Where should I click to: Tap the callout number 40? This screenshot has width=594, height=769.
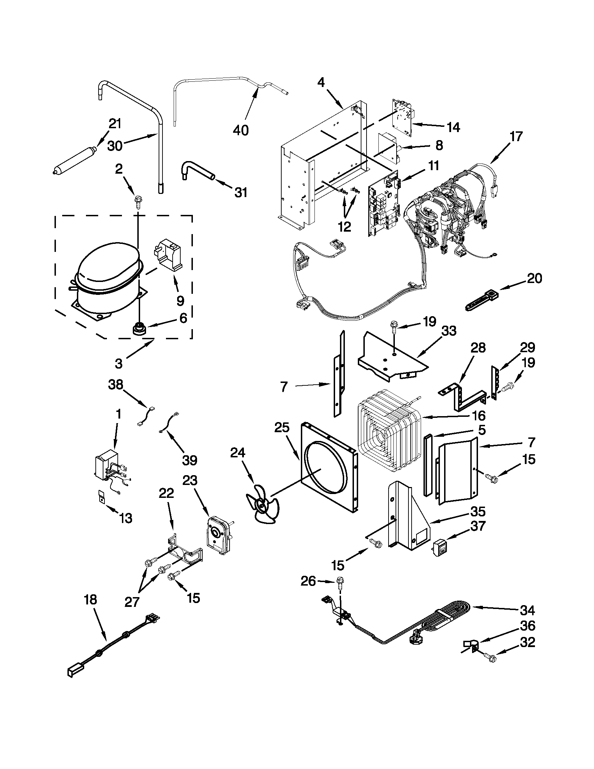(x=240, y=130)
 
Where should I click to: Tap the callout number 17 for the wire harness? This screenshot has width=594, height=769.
(x=516, y=136)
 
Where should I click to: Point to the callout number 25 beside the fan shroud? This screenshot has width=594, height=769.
(x=282, y=428)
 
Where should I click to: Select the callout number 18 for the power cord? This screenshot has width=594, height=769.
(x=90, y=599)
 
